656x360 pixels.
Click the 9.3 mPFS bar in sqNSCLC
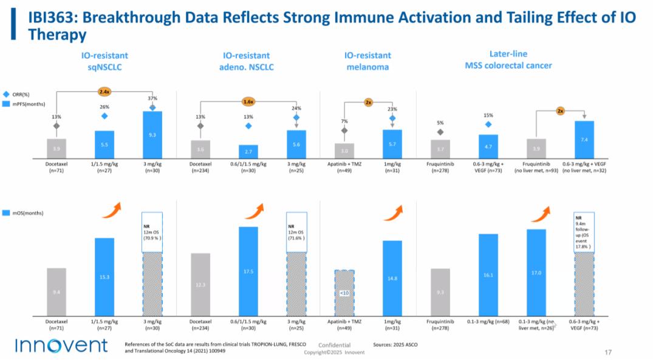pyautogui.click(x=152, y=135)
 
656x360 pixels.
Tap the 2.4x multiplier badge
pyautogui.click(x=105, y=92)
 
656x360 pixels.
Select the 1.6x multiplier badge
pyautogui.click(x=248, y=101)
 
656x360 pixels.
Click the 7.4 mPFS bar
pyautogui.click(x=584, y=140)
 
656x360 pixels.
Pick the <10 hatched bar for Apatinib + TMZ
pyautogui.click(x=344, y=293)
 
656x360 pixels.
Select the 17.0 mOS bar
pyautogui.click(x=536, y=273)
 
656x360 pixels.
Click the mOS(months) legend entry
pyautogui.click(x=21, y=213)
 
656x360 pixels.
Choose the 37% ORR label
pyautogui.click(x=152, y=98)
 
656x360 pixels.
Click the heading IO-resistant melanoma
pyautogui.click(x=367, y=61)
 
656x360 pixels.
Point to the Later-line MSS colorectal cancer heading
pyautogui.click(x=508, y=59)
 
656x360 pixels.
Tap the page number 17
pyautogui.click(x=608, y=352)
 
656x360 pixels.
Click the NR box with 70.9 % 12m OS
pyautogui.click(x=152, y=231)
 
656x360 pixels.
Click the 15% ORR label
pyautogui.click(x=488, y=115)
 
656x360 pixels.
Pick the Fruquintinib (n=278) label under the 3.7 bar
pyautogui.click(x=440, y=168)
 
